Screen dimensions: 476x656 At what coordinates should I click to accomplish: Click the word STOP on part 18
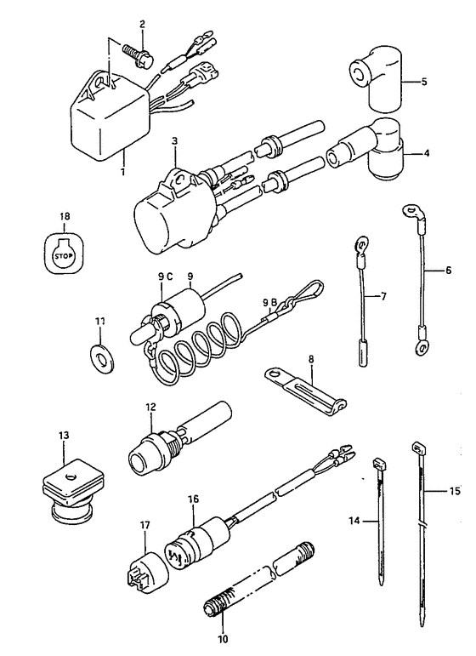pos(63,254)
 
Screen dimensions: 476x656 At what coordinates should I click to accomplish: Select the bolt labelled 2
pos(138,54)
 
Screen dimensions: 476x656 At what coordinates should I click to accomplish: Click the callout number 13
pos(64,436)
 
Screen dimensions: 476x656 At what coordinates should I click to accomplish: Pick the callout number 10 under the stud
pos(223,639)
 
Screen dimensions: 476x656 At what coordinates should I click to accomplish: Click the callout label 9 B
pos(270,301)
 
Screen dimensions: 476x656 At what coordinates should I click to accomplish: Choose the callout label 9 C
pos(165,277)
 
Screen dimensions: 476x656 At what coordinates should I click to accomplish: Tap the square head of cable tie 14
pos(378,464)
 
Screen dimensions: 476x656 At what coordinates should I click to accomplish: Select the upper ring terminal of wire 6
pos(413,210)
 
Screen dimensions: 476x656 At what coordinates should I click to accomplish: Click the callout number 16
pos(194,499)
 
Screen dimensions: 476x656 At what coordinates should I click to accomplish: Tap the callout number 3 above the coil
pos(174,141)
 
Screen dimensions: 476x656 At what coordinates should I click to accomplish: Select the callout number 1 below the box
pos(123,172)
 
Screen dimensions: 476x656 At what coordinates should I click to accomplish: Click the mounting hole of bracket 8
pos(275,373)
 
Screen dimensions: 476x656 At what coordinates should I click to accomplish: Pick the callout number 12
pos(150,407)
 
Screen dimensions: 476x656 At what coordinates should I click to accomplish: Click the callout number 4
pos(426,153)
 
